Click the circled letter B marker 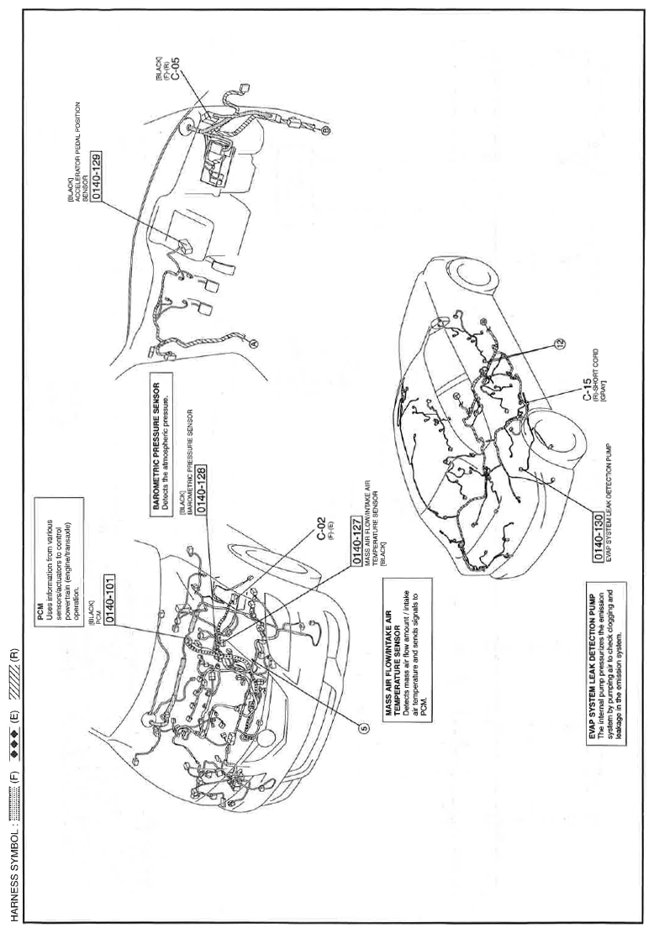[x=325, y=128]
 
